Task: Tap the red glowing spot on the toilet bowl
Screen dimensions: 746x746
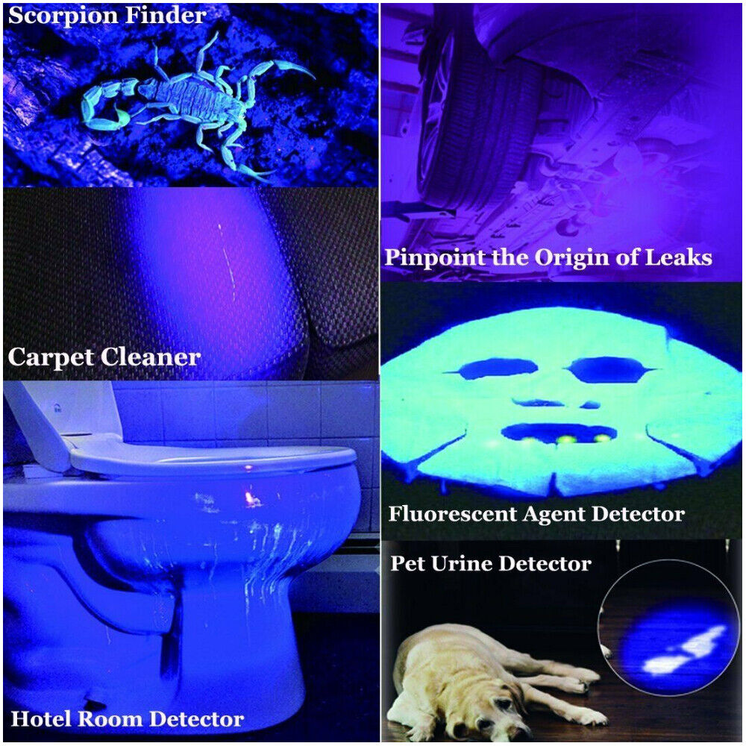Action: click(247, 495)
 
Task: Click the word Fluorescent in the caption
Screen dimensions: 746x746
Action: click(448, 514)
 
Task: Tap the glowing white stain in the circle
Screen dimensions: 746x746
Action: click(683, 649)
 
